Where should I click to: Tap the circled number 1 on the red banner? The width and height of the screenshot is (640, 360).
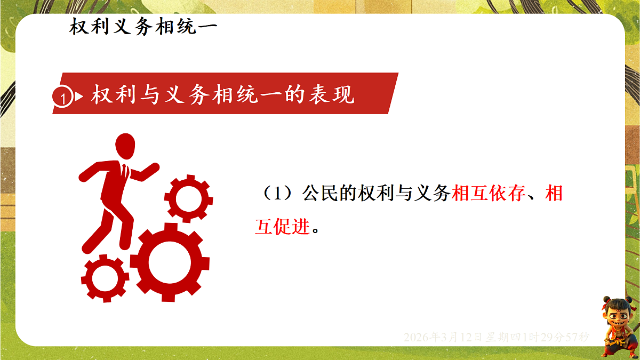click(x=63, y=98)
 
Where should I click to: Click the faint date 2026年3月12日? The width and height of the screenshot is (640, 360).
click(x=443, y=337)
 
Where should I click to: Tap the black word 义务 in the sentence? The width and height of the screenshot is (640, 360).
click(x=432, y=194)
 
